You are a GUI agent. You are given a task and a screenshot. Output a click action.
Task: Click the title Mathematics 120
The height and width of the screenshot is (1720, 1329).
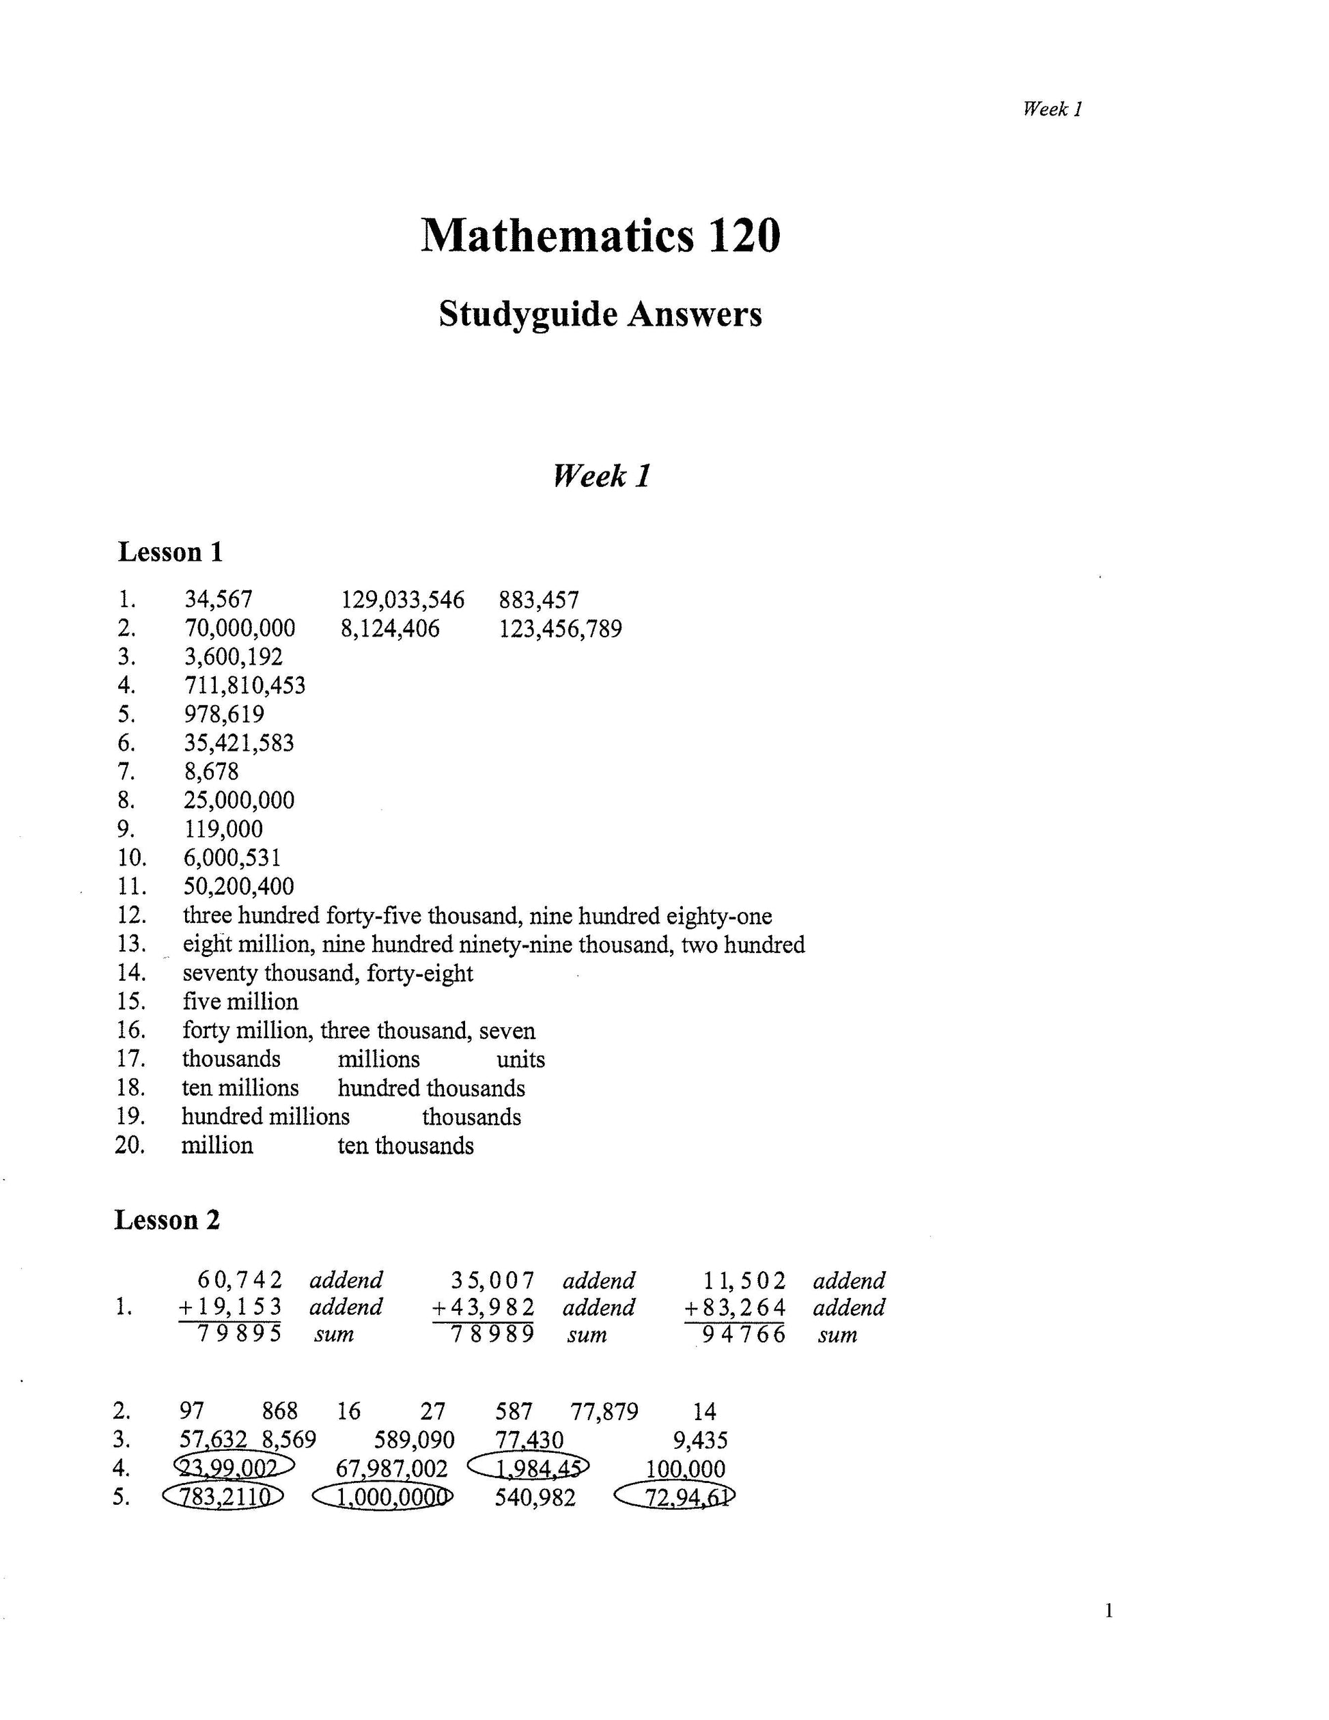600,236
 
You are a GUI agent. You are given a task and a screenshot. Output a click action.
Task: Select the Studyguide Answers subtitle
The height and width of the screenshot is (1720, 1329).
600,314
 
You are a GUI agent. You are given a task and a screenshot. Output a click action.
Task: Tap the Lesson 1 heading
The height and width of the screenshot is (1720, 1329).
170,552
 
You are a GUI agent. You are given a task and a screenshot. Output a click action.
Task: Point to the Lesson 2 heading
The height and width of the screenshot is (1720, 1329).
167,1220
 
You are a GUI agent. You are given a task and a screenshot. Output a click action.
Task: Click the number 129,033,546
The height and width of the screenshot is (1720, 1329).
402,600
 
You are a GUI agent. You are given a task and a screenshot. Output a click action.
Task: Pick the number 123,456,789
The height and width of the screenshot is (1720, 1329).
560,628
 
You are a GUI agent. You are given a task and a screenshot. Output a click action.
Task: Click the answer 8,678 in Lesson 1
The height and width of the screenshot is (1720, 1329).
211,771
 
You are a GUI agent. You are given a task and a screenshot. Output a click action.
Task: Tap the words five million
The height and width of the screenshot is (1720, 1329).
240,1002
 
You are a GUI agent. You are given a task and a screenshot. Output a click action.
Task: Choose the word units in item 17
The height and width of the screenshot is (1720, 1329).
520,1059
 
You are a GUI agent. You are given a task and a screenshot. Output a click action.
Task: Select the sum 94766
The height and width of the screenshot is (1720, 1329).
743,1334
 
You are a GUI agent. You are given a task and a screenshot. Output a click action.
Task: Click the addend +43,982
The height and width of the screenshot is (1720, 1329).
484,1307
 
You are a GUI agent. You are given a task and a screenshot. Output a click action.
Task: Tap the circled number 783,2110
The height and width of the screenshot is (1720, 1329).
223,1497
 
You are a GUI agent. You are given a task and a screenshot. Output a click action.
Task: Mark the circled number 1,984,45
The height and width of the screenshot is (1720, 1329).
529,1468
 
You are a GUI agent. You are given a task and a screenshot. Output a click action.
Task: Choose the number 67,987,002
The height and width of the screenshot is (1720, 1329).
391,1469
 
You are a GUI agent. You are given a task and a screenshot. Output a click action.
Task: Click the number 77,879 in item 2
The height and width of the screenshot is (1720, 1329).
604,1411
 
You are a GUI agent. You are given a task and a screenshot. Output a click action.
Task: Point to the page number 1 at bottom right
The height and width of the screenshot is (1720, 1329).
1108,1611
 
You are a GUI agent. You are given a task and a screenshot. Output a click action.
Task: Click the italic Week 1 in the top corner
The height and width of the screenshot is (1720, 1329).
1052,109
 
